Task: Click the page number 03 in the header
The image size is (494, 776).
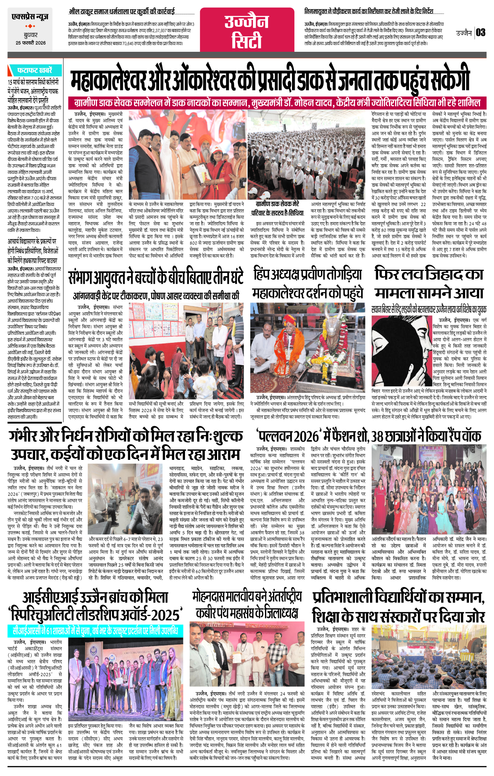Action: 480,32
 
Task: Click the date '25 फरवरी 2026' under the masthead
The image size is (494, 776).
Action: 31,43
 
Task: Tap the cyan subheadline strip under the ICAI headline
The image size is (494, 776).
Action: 95,631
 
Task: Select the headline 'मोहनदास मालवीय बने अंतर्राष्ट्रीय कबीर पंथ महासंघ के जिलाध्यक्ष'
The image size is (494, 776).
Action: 247,605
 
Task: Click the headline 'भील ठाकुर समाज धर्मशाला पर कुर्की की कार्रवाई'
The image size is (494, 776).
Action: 122,12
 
